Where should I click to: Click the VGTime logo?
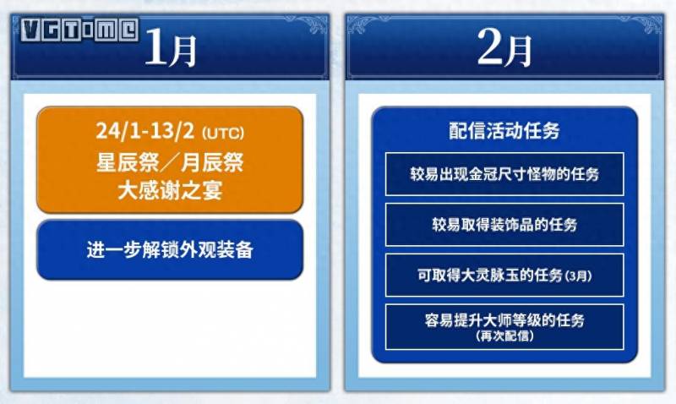click(79, 30)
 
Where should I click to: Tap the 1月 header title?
click(171, 48)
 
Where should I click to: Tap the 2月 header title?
click(504, 48)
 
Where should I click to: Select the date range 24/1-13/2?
click(144, 130)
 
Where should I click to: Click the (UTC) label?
click(223, 133)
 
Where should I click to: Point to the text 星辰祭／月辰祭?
click(170, 162)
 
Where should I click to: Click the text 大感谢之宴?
click(170, 190)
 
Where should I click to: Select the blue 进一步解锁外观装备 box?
click(170, 249)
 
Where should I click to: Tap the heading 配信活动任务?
click(504, 131)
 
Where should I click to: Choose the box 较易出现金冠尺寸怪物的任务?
click(504, 174)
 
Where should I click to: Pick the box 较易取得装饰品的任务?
click(504, 224)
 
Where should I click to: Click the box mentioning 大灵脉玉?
click(504, 275)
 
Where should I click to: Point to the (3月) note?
click(578, 276)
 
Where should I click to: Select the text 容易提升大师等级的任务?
click(504, 320)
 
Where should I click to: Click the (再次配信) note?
click(504, 336)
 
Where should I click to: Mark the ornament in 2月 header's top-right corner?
click(646, 25)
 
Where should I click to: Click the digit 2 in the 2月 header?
click(490, 47)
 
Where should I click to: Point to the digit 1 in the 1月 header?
click(155, 47)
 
